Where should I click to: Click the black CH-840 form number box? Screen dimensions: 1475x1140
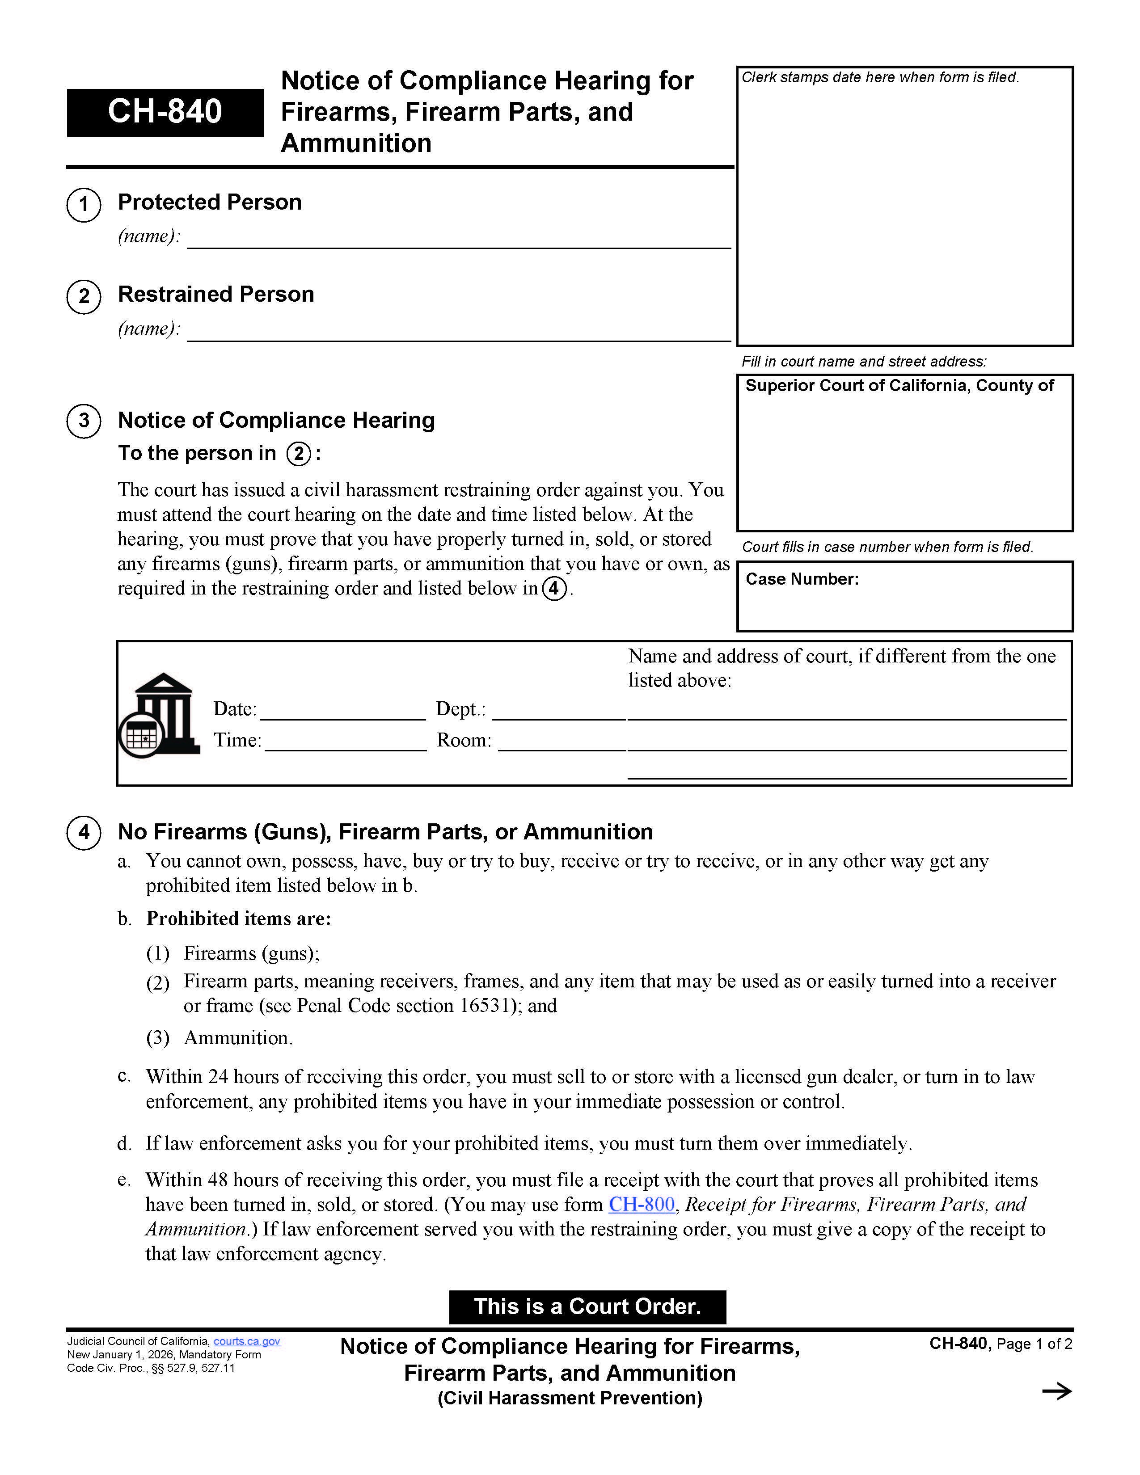165,112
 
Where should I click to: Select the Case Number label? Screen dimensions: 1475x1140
802,579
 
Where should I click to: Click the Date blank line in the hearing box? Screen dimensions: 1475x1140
342,711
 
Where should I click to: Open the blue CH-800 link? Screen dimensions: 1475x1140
641,1204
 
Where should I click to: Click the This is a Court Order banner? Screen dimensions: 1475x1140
587,1307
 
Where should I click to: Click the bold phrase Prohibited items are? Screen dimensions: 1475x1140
238,919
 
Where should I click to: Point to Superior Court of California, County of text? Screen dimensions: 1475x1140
899,386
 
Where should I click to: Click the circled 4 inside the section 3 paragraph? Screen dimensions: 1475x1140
554,588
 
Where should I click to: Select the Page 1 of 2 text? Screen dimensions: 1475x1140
1033,1344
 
